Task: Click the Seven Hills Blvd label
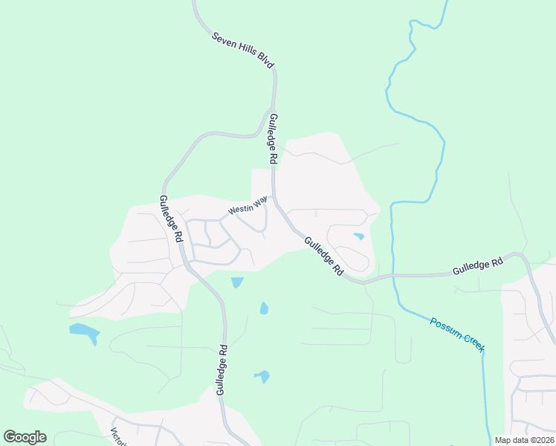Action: (x=243, y=51)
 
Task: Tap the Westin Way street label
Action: (x=248, y=205)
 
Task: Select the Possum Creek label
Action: (x=457, y=334)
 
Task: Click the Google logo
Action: (x=25, y=437)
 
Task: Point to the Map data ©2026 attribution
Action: (x=524, y=440)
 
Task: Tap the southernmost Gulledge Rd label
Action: (x=221, y=369)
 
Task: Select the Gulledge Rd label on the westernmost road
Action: (x=171, y=219)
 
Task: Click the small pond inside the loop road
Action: (x=359, y=236)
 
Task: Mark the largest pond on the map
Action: (x=84, y=332)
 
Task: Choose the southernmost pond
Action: (x=262, y=377)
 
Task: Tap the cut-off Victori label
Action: (x=117, y=436)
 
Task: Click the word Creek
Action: (x=471, y=343)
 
